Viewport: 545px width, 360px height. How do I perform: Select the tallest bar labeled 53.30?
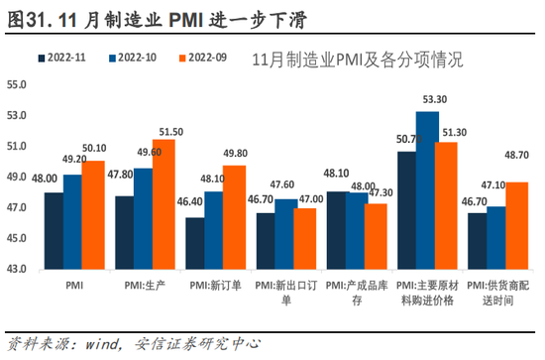click(x=428, y=189)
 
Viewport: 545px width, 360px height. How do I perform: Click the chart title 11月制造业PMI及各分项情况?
click(x=358, y=60)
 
